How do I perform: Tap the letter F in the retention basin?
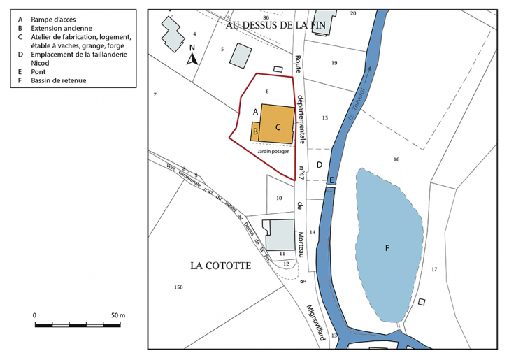pyautogui.click(x=387, y=247)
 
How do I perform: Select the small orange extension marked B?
pyautogui.click(x=257, y=131)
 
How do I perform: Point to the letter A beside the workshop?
pyautogui.click(x=256, y=112)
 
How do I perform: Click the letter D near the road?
pyautogui.click(x=319, y=165)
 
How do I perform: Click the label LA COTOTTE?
pyautogui.click(x=220, y=266)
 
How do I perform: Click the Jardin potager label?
pyautogui.click(x=274, y=151)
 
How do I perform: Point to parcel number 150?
pyautogui.click(x=178, y=287)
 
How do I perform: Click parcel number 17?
pyautogui.click(x=433, y=269)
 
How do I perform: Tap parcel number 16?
pyautogui.click(x=396, y=160)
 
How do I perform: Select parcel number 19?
pyautogui.click(x=334, y=63)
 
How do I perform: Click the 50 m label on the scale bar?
pyautogui.click(x=118, y=316)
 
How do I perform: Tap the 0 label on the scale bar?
pyautogui.click(x=35, y=316)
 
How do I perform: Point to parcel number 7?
pyautogui.click(x=155, y=94)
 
